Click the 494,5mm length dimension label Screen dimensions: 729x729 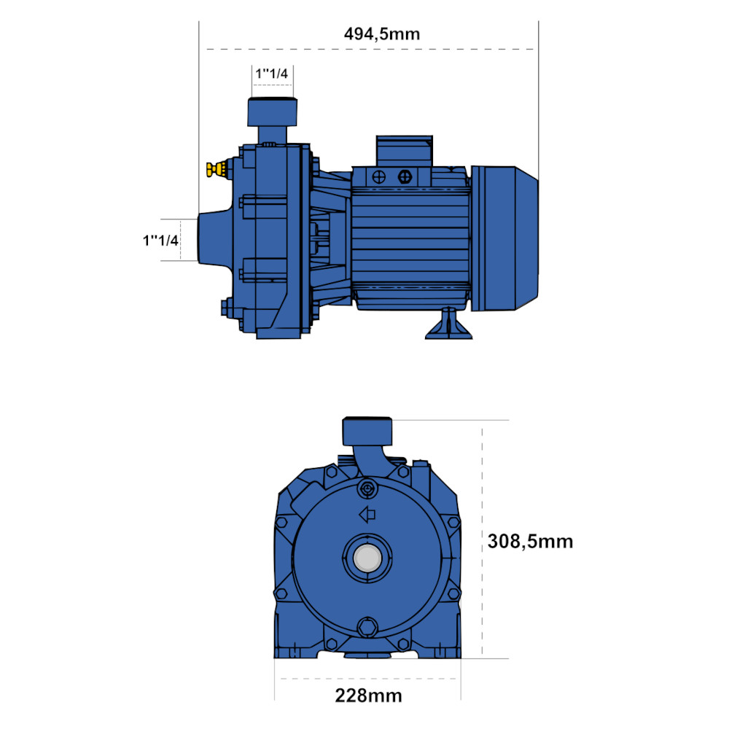pyautogui.click(x=382, y=34)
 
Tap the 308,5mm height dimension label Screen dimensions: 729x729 pyautogui.click(x=530, y=542)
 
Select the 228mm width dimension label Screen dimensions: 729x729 pyautogui.click(x=368, y=696)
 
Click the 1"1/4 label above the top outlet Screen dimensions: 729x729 pyautogui.click(x=271, y=74)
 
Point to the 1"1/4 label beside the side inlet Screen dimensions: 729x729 pyautogui.click(x=160, y=241)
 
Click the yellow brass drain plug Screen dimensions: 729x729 pyautogui.click(x=217, y=169)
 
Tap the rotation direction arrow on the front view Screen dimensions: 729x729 pyautogui.click(x=367, y=515)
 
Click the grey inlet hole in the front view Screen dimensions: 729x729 pyautogui.click(x=367, y=558)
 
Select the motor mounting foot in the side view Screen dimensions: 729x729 pyautogui.click(x=448, y=323)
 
